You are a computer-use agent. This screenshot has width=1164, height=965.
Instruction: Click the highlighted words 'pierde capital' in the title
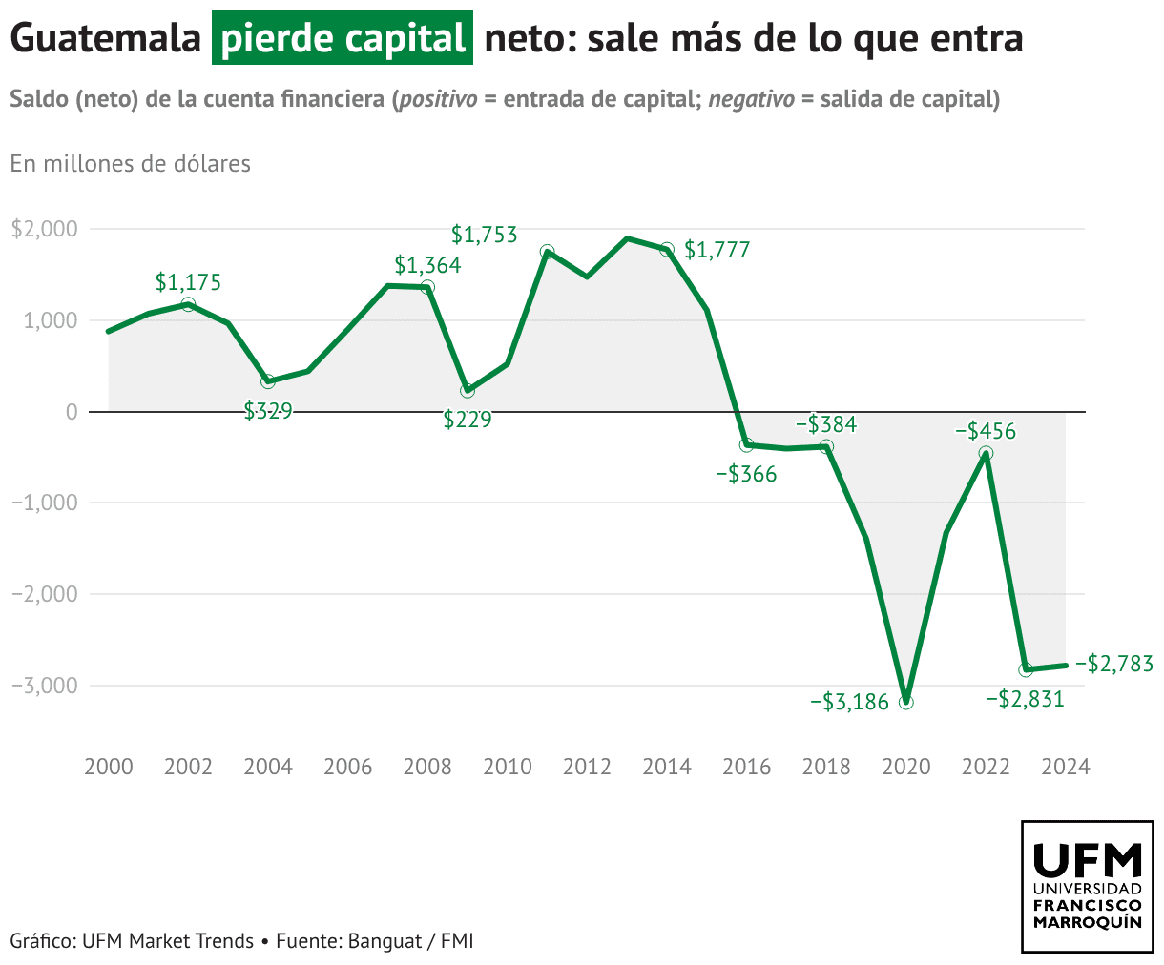tap(342, 39)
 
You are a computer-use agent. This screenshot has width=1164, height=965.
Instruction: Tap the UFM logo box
tap(1087, 886)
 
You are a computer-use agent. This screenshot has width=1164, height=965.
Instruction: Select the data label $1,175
tap(188, 282)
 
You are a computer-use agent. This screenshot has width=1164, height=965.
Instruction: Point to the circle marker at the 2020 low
tap(905, 702)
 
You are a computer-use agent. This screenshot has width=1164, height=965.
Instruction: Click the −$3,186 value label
tap(849, 703)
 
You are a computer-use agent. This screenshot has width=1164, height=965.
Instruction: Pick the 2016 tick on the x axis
tap(746, 768)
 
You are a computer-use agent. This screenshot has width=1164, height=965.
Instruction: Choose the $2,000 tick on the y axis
tap(43, 229)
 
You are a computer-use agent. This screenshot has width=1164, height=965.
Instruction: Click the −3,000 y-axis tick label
tap(43, 686)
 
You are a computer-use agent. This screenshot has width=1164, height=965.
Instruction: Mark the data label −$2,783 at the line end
tap(1113, 664)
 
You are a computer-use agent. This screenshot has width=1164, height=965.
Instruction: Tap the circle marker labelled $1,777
tap(667, 249)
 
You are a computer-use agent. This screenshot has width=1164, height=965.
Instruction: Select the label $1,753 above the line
tap(484, 234)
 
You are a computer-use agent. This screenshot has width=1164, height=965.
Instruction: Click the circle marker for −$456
tap(986, 453)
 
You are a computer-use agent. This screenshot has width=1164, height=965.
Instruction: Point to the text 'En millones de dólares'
tap(131, 164)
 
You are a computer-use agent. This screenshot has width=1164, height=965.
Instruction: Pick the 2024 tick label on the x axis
tap(1065, 768)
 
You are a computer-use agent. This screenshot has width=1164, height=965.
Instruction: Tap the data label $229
tap(468, 420)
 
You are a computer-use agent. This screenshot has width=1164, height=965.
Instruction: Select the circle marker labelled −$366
tap(746, 444)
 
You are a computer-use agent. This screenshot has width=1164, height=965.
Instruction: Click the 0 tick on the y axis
tap(71, 412)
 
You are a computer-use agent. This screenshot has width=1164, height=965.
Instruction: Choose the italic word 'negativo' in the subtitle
tap(751, 99)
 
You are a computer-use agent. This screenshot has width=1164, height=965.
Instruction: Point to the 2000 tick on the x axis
tap(109, 768)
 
